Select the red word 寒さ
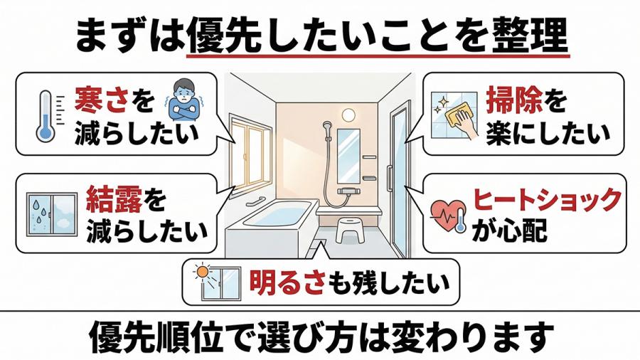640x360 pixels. coord(102,100)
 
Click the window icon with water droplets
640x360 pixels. coord(52,214)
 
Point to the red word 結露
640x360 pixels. coord(114,201)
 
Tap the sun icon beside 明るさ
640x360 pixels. coord(202,272)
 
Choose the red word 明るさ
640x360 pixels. coord(287,282)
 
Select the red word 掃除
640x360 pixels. coord(514,101)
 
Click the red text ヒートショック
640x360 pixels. coord(547,200)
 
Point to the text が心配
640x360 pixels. coord(509,231)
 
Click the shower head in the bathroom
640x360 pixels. coord(326,126)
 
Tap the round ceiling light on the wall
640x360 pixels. coord(348,115)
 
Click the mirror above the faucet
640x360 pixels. coord(348,157)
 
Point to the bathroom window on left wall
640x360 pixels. coord(250,156)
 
